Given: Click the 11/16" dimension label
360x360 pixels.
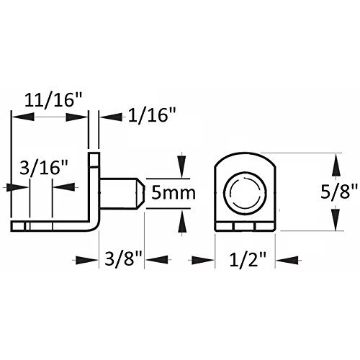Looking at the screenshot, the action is click(x=53, y=100).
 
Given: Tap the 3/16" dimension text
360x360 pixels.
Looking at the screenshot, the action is click(x=44, y=167).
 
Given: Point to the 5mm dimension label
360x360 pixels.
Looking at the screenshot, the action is click(x=174, y=193).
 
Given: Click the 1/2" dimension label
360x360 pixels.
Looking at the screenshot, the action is click(x=248, y=260).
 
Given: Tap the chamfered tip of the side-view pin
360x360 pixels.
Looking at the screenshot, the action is click(x=140, y=194).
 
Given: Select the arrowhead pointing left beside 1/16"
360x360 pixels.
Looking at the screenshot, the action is click(x=112, y=117).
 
